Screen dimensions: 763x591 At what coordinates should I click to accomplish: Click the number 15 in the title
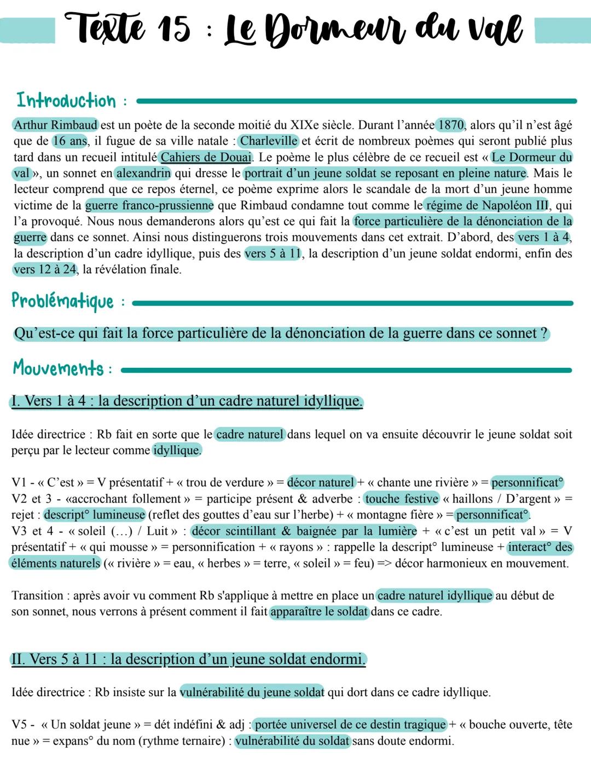[x=174, y=29]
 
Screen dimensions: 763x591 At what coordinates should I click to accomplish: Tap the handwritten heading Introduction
[x=66, y=101]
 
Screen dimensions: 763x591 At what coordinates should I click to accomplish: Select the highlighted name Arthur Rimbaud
[x=55, y=125]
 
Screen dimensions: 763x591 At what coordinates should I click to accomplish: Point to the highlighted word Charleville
[x=269, y=141]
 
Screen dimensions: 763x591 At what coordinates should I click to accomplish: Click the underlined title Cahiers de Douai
[x=206, y=157]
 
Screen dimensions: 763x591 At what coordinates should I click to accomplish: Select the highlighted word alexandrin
[x=143, y=174]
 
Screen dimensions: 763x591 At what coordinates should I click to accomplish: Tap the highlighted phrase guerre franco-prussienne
[x=149, y=205]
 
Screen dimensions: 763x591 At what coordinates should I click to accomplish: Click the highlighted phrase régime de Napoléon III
[x=487, y=205]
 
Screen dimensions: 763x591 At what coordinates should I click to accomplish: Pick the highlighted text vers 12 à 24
[x=45, y=269]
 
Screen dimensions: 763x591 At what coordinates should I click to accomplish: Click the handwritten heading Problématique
[x=62, y=301]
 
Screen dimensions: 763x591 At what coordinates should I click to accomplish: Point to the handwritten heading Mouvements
[x=58, y=368]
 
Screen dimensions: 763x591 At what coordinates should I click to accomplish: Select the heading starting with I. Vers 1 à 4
[x=187, y=401]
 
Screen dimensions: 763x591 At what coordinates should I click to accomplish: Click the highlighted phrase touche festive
[x=402, y=499]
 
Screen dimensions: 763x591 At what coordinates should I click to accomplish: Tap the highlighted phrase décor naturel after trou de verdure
[x=321, y=483]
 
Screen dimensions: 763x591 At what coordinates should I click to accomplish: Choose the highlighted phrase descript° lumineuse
[x=95, y=515]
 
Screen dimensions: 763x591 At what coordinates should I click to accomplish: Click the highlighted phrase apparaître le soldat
[x=319, y=611]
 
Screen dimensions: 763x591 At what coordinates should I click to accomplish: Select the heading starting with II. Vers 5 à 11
[x=188, y=659]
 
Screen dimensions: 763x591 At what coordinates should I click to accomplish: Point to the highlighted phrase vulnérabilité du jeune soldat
[x=252, y=692]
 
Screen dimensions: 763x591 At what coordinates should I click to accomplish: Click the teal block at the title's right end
[x=562, y=30]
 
